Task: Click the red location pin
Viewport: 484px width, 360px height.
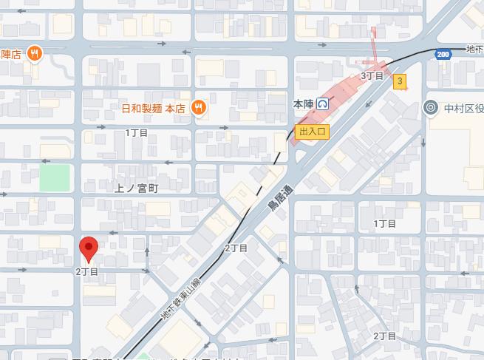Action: (x=89, y=248)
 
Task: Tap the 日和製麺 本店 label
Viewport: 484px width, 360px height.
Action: (x=153, y=108)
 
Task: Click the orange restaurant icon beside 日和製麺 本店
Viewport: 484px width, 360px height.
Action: (x=198, y=108)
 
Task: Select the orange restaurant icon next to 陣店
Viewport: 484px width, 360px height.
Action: (x=34, y=53)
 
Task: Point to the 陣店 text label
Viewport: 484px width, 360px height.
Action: (x=12, y=53)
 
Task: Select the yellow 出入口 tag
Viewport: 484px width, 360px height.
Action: (x=311, y=131)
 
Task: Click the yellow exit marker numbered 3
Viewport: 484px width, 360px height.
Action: (x=400, y=81)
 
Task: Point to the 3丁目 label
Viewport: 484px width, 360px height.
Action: (x=372, y=75)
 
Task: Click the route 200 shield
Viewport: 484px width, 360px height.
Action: (x=443, y=55)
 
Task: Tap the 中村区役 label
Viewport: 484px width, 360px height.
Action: (x=463, y=108)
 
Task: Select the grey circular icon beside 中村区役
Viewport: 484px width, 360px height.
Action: (x=431, y=108)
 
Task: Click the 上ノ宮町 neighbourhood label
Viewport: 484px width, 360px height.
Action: (x=137, y=189)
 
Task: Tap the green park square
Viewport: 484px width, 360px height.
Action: (x=55, y=177)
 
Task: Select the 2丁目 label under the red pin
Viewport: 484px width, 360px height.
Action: (x=86, y=271)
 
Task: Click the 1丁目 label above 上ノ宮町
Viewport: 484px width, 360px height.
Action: (x=137, y=132)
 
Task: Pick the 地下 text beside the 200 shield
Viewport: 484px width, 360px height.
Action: (x=474, y=50)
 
